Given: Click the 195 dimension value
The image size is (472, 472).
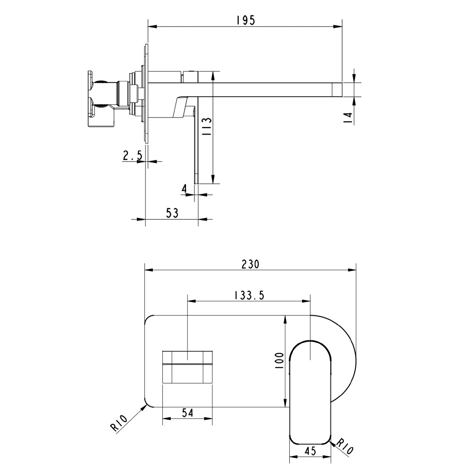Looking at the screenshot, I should pos(245,20).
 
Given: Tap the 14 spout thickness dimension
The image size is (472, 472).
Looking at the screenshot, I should pos(348,118).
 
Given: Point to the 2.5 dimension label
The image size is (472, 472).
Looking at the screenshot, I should pos(132,155).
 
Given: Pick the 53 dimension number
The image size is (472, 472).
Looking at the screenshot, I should pos(172,213).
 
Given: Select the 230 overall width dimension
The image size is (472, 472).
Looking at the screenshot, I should pos(250,264).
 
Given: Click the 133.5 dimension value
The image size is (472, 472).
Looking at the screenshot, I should pos(249,295).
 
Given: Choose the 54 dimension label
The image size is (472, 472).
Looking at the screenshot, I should pos(188,412).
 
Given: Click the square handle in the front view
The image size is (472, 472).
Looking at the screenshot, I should pos(187,367).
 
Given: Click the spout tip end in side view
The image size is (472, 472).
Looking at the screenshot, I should pos(337,89).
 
